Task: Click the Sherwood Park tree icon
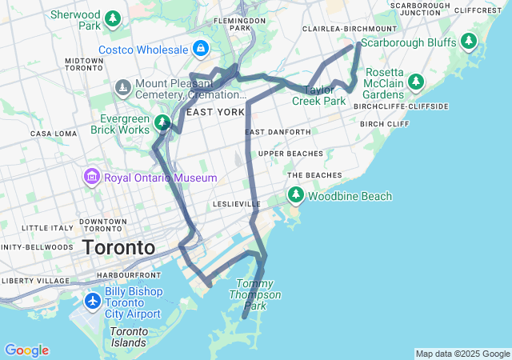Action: pyautogui.click(x=113, y=18)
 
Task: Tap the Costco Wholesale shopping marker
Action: pyautogui.click(x=199, y=50)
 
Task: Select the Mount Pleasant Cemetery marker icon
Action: pyautogui.click(x=122, y=86)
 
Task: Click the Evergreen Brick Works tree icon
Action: pyautogui.click(x=162, y=122)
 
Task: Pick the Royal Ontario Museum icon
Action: pyautogui.click(x=91, y=177)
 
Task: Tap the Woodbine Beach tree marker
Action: pyautogui.click(x=295, y=195)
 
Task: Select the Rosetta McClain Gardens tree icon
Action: pyautogui.click(x=415, y=82)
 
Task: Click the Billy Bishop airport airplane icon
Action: pyautogui.click(x=93, y=302)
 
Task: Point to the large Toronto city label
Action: pyautogui.click(x=118, y=247)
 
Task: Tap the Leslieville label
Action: pyautogui.click(x=237, y=204)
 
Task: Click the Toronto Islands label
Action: pyautogui.click(x=129, y=337)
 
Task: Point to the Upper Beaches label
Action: pyautogui.click(x=290, y=153)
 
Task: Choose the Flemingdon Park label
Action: pyautogui.click(x=240, y=23)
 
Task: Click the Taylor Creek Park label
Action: pyautogui.click(x=318, y=96)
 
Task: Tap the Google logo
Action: pyautogui.click(x=26, y=350)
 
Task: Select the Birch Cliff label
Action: pyautogui.click(x=385, y=124)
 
